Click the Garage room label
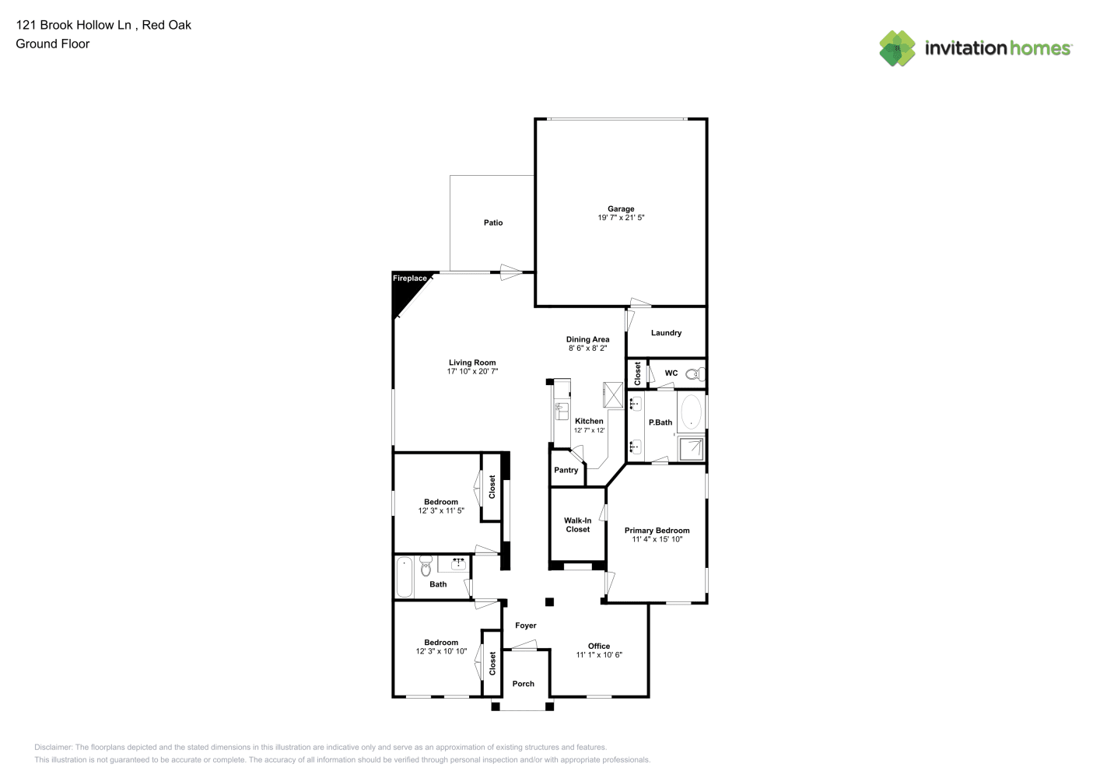[621, 209]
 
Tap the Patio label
[493, 223]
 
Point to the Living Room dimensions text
[472, 371]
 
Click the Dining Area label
[588, 339]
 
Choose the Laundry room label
[667, 333]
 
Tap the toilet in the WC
[695, 374]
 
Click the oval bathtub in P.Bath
[691, 412]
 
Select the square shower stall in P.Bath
[691, 448]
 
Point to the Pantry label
[566, 470]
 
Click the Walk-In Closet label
[577, 524]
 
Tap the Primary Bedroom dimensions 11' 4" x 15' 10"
[657, 539]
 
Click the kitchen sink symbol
[562, 411]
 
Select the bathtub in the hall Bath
[405, 576]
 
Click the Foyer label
[525, 626]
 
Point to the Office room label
[599, 647]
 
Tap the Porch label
[524, 684]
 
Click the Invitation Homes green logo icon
[897, 48]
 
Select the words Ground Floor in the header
[53, 44]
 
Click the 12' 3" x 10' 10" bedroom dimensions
[441, 651]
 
